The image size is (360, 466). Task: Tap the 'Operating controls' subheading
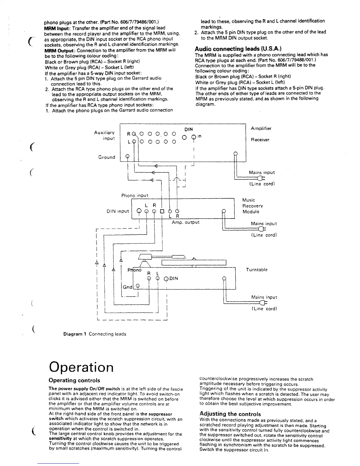pyautogui.click(x=74, y=380)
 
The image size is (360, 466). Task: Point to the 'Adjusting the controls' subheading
pyautogui.click(x=230, y=414)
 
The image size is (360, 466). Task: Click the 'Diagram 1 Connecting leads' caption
pyautogui.click(x=95, y=334)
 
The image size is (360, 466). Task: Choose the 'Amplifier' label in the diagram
pyautogui.click(x=261, y=129)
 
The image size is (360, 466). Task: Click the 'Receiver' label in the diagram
pyautogui.click(x=260, y=140)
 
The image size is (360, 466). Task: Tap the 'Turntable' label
pyautogui.click(x=256, y=270)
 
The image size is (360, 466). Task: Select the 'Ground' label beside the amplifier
pyautogui.click(x=106, y=157)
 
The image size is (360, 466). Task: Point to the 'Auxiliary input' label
pyautogui.click(x=104, y=135)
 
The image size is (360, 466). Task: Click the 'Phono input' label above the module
pyautogui.click(x=135, y=195)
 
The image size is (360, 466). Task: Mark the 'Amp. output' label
pyautogui.click(x=185, y=222)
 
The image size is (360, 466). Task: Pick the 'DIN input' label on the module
pyautogui.click(x=118, y=211)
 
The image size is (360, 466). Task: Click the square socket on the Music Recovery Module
pyautogui.click(x=162, y=211)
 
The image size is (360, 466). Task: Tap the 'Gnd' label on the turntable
pyautogui.click(x=127, y=287)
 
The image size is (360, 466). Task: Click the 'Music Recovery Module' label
pyautogui.click(x=252, y=206)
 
